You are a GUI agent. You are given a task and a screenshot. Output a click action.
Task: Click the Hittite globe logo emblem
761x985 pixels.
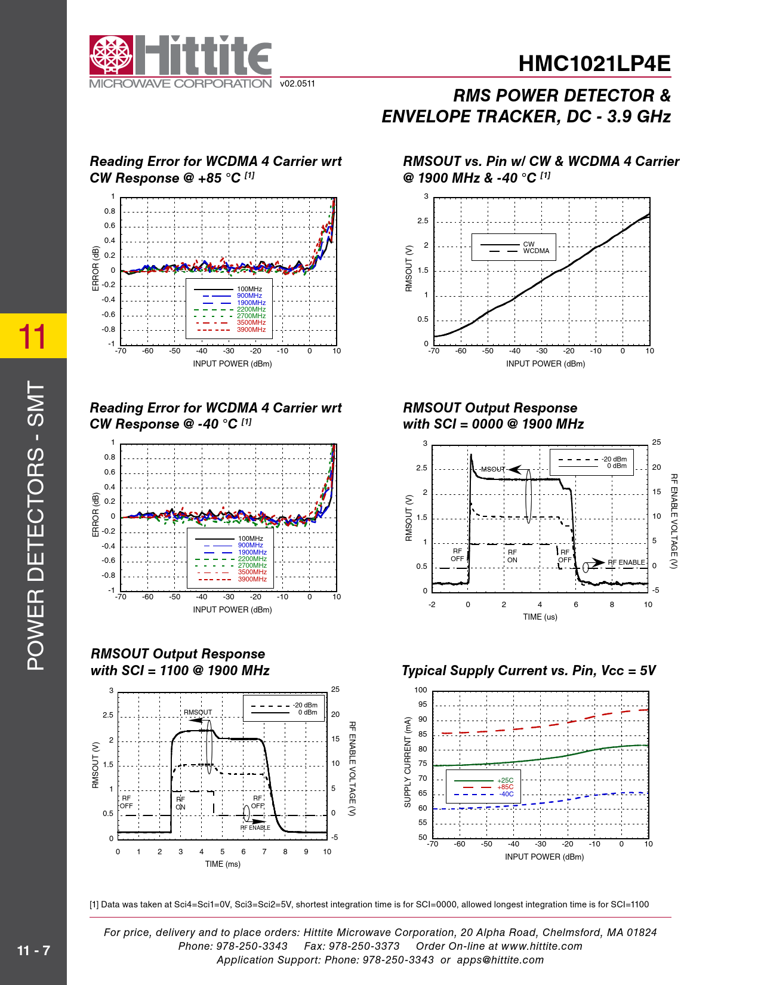(x=111, y=56)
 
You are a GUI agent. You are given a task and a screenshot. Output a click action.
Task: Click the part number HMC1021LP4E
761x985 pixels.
(x=594, y=64)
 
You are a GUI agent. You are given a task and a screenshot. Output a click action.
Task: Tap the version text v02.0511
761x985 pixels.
(x=297, y=84)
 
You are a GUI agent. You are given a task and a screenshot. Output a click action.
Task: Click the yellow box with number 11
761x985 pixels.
(x=33, y=336)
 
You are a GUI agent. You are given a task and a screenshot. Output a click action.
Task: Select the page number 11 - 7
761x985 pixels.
(x=33, y=950)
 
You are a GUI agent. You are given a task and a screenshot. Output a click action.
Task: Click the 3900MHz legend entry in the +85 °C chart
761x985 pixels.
(x=251, y=330)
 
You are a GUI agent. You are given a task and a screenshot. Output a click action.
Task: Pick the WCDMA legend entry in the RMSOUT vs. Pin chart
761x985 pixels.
(x=536, y=251)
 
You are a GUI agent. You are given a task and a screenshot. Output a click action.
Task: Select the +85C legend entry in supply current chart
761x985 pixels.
(x=505, y=787)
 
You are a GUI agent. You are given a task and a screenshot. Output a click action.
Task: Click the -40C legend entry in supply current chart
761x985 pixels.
(x=506, y=795)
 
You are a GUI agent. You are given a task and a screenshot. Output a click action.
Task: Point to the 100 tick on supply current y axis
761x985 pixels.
(x=421, y=690)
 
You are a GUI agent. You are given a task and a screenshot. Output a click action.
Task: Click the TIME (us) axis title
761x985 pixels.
(x=540, y=617)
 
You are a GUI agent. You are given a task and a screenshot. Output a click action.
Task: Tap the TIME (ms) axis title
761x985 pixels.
(x=223, y=864)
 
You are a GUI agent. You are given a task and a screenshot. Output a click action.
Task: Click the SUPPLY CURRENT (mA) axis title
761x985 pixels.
(x=408, y=762)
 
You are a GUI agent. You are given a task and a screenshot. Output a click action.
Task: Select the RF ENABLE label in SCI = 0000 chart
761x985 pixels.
(x=626, y=562)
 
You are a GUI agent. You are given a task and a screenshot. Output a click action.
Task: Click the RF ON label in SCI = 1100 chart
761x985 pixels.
(x=180, y=803)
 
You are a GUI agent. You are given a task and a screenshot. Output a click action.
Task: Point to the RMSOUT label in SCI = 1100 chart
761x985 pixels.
(x=198, y=712)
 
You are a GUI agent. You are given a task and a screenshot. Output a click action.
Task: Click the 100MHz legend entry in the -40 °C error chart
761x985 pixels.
(x=251, y=538)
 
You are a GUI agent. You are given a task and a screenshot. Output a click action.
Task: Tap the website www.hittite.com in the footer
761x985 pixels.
(x=541, y=946)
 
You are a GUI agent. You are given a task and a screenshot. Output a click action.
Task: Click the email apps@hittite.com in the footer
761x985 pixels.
(x=500, y=960)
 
